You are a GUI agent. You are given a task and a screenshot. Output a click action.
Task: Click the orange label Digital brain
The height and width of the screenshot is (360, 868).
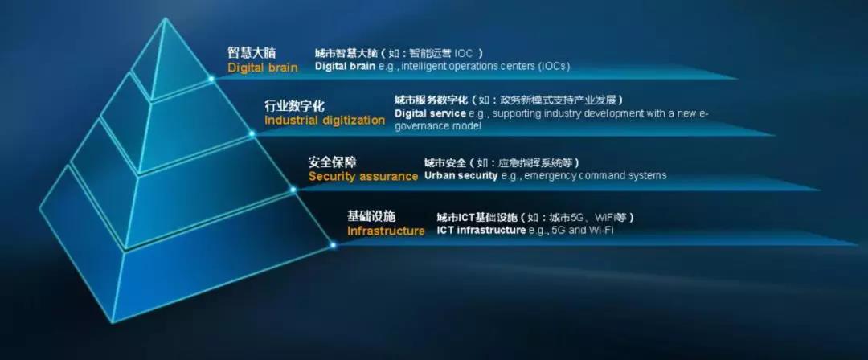[262, 67]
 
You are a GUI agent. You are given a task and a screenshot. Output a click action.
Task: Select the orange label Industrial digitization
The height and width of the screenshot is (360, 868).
[325, 121]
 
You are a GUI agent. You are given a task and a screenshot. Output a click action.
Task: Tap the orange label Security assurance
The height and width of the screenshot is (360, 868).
[363, 177]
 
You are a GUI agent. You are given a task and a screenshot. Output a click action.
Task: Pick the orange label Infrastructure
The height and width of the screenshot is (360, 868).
[386, 231]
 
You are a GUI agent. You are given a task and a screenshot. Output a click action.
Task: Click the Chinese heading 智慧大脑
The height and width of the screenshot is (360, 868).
[252, 52]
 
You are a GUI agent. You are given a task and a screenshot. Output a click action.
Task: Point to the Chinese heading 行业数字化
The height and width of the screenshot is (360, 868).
[294, 105]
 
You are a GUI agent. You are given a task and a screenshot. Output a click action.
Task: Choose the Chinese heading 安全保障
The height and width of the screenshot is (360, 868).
[333, 162]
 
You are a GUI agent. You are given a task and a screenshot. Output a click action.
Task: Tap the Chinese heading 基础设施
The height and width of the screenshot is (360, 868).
[371, 215]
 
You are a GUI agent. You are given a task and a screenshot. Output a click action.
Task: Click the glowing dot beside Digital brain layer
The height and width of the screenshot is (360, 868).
[211, 79]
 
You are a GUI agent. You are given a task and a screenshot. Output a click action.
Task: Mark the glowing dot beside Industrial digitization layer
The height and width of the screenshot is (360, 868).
[252, 133]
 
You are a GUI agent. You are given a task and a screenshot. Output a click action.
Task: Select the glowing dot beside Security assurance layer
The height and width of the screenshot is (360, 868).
[293, 190]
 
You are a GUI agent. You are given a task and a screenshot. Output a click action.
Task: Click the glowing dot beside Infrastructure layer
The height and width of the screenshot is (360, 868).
[333, 244]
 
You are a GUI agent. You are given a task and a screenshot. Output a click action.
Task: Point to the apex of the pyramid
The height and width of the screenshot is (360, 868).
[165, 18]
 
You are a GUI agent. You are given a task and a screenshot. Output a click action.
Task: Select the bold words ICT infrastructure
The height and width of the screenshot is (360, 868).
[481, 230]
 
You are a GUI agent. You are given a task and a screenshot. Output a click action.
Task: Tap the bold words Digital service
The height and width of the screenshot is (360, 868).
[430, 113]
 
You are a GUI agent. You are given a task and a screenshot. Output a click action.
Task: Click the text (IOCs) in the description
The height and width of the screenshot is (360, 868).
[554, 66]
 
